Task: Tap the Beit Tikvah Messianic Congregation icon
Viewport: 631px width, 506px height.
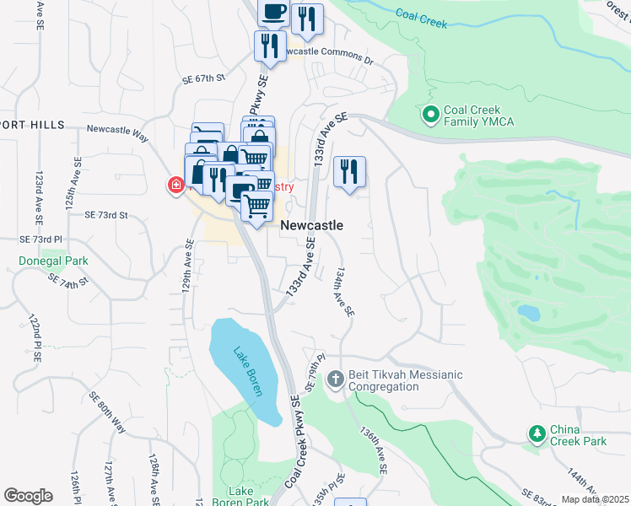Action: (336, 379)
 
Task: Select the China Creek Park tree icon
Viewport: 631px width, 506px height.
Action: (536, 433)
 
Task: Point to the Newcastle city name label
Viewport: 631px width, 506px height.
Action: (311, 225)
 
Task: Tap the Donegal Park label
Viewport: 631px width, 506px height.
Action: (53, 261)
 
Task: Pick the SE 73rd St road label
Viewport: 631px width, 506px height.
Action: (105, 215)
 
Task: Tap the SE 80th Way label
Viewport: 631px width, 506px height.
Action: (106, 412)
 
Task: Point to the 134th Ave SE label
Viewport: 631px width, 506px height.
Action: (344, 293)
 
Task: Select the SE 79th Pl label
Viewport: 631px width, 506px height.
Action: (314, 372)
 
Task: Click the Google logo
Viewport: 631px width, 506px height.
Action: (28, 495)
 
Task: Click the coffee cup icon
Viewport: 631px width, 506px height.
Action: (272, 12)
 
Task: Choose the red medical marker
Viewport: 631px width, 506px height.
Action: (176, 185)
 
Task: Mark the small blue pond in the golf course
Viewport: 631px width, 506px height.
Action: (528, 313)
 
